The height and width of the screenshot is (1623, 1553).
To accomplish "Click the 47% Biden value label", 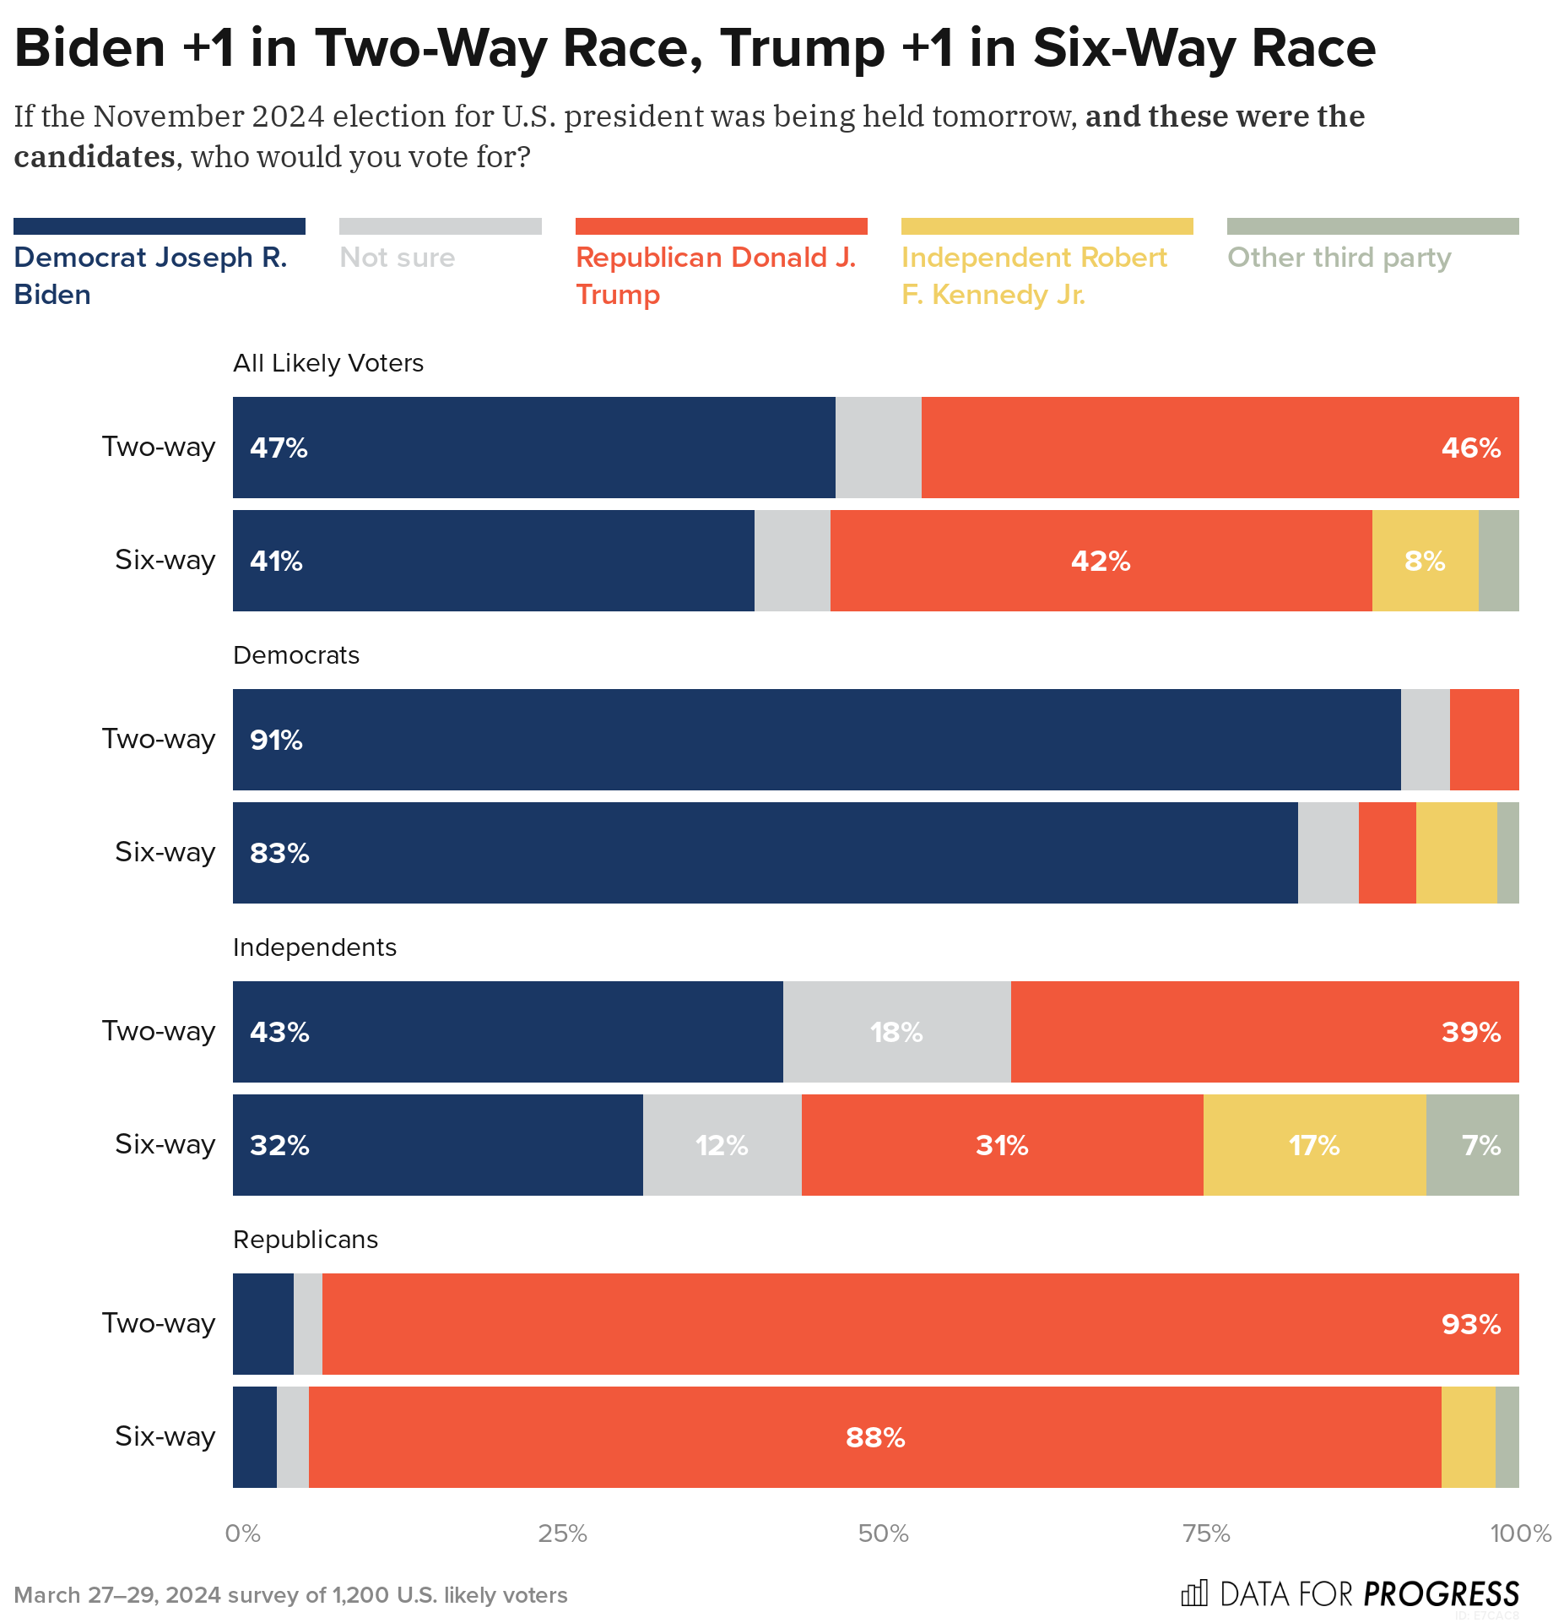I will click(279, 448).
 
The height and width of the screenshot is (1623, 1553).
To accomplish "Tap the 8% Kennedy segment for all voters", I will click(1425, 561).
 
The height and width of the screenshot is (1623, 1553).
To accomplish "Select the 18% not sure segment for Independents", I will click(896, 1032).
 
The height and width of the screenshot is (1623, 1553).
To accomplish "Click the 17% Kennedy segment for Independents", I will click(1314, 1145).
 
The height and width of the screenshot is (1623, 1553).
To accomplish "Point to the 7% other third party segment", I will click(1474, 1145).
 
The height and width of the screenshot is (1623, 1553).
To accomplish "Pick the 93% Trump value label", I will click(1470, 1324).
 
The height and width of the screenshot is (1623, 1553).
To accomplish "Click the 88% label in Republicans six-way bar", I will click(875, 1437).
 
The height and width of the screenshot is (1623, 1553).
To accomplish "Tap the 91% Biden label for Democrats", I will click(276, 740).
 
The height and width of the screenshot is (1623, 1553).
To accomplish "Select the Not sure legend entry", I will click(398, 258).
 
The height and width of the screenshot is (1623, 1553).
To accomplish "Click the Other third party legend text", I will click(1339, 258).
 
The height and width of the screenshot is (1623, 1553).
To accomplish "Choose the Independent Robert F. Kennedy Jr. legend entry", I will click(1034, 275).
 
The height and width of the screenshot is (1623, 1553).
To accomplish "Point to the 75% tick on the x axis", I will click(1206, 1533).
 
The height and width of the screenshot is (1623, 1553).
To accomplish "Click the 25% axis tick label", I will click(563, 1533).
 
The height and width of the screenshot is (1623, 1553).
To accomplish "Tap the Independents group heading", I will click(314, 947).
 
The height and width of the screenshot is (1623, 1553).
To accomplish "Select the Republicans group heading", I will click(305, 1240).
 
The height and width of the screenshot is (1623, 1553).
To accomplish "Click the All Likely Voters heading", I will click(327, 363).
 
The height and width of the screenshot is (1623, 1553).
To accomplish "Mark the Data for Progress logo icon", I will click(1194, 1593).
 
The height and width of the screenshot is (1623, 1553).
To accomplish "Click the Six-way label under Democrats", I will click(165, 852).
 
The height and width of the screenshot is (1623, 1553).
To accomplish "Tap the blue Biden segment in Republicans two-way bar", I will click(262, 1324).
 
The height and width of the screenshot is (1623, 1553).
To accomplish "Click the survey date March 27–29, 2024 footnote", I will click(290, 1595).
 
